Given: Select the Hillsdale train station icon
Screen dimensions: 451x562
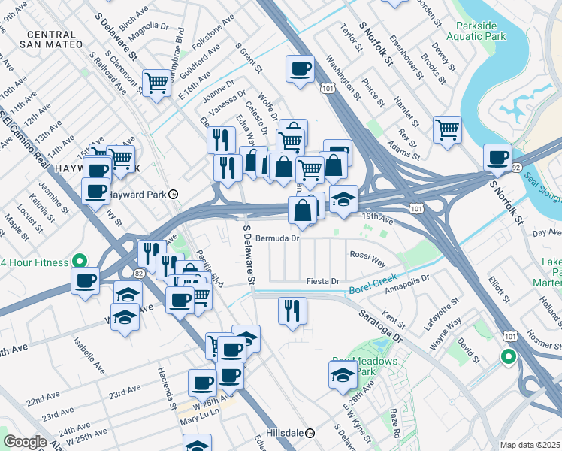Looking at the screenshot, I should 319,434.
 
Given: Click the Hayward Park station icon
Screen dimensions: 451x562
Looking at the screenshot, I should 174,194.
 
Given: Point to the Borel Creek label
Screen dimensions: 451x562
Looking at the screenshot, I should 373,289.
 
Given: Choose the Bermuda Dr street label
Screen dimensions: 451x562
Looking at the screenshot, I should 277,238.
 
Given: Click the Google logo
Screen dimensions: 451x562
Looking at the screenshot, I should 25,442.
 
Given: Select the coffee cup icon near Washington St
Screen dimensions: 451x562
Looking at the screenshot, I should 300,70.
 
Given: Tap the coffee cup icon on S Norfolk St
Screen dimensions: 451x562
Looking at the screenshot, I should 497,157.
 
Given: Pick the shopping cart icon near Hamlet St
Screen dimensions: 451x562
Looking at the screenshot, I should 447,129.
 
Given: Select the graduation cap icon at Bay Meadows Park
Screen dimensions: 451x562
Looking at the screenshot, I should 343,374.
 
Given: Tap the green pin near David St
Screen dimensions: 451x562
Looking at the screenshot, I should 508,358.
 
